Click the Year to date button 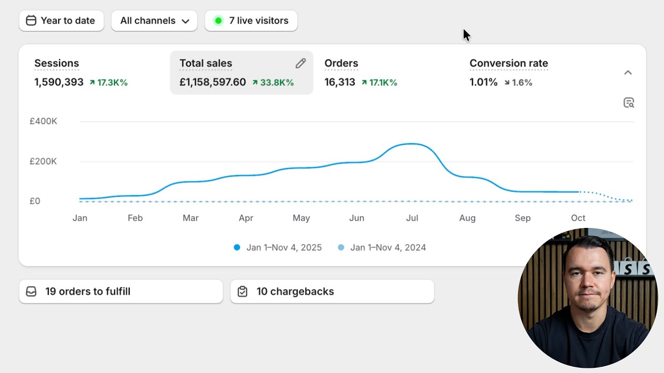[x=61, y=21]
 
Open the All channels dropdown [x=154, y=21]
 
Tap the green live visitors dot [x=218, y=21]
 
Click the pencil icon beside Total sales [x=300, y=63]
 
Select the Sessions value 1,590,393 [x=59, y=82]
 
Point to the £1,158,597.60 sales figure [x=213, y=82]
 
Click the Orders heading [x=341, y=63]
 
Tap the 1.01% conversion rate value [x=483, y=82]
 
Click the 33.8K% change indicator [x=273, y=82]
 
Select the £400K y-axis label [x=43, y=121]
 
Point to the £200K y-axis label [x=43, y=161]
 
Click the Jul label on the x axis [x=412, y=218]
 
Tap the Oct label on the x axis [x=578, y=218]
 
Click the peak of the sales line [x=411, y=144]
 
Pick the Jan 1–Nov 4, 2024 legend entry [x=382, y=248]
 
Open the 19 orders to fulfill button [x=121, y=292]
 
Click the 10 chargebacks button [x=333, y=292]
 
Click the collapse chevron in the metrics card [x=628, y=73]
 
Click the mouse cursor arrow [x=466, y=35]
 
